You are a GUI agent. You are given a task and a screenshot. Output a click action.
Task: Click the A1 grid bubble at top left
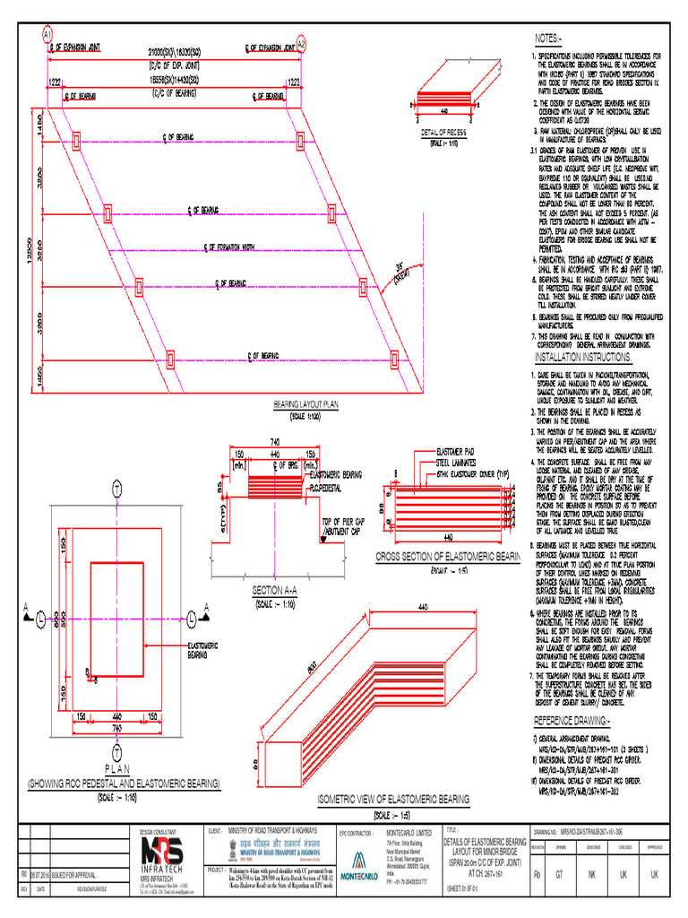[x=47, y=34]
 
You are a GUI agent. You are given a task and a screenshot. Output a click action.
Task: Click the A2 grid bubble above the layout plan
[x=302, y=43]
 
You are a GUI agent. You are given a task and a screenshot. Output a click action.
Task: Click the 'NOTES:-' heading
[x=548, y=39]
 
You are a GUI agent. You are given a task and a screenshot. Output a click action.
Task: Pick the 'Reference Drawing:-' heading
[x=572, y=721]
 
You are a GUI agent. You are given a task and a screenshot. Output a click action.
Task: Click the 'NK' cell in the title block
[x=593, y=873]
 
